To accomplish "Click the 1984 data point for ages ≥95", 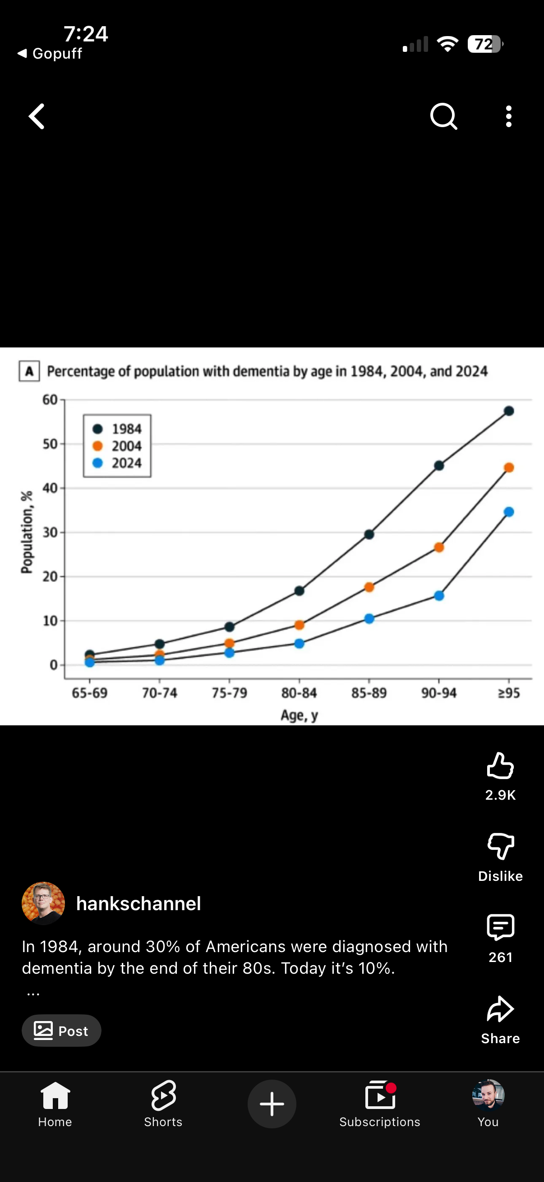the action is point(509,411).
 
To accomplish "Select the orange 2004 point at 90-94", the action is point(439,547).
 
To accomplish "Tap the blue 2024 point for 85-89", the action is point(369,618).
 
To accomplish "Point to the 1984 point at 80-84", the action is point(300,591).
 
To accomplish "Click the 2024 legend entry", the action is point(118,463).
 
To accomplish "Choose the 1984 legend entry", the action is point(118,429).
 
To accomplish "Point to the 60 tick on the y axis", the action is point(50,400).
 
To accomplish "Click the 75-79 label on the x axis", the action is point(229,692).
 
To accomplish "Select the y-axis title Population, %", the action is point(27,532).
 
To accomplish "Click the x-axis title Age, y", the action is point(300,715).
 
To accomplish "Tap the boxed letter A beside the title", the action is point(29,371).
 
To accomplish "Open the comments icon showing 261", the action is point(500,927).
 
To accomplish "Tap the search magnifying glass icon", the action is point(443,117).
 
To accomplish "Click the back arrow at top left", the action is point(37,116).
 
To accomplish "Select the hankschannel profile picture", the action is point(43,903).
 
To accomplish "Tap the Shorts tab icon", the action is point(163,1095).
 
